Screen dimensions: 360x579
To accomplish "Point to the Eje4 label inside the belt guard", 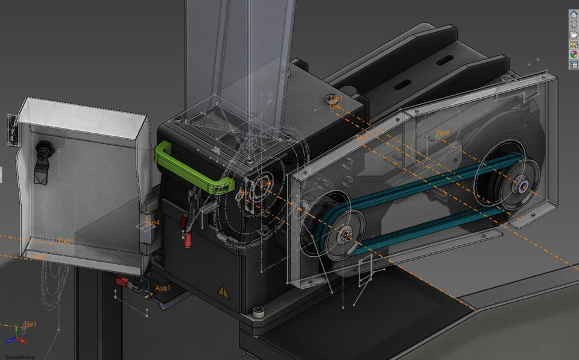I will click(443, 133).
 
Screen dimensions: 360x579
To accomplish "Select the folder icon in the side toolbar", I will click(573, 34).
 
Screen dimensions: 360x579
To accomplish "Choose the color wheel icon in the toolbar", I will click(573, 54).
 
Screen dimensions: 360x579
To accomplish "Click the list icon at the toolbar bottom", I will click(573, 64).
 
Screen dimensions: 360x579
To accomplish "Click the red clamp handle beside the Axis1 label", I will click(122, 282).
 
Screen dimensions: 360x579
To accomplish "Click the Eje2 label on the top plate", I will click(336, 107).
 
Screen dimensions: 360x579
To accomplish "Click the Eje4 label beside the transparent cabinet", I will click(153, 223).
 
